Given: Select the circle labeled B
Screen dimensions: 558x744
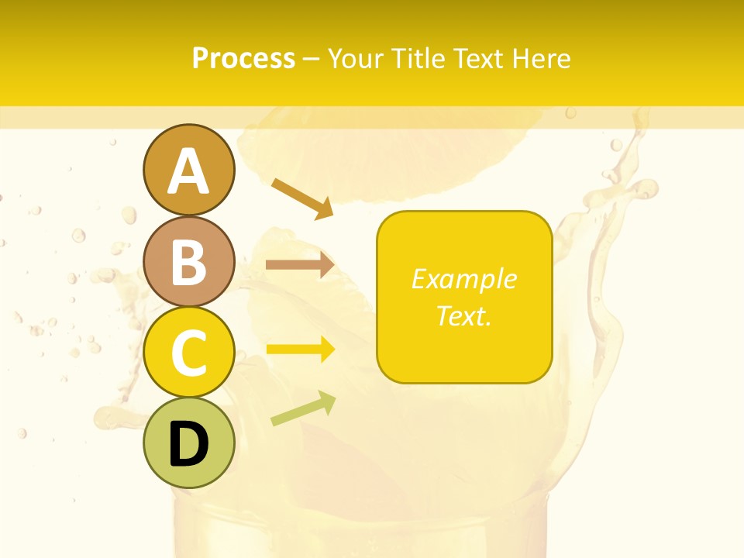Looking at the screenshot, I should click(x=188, y=261).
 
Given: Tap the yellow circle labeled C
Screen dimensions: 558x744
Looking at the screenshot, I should click(x=188, y=353).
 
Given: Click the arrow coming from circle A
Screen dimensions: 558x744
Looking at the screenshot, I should click(x=302, y=198).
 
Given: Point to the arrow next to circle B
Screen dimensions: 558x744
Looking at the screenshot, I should click(x=300, y=265).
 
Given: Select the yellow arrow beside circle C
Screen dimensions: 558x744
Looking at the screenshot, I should click(x=301, y=350).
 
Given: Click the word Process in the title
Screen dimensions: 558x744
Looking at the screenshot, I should click(x=243, y=58).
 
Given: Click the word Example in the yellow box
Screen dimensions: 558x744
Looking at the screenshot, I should click(x=463, y=279).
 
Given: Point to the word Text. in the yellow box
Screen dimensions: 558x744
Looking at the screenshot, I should click(x=463, y=315).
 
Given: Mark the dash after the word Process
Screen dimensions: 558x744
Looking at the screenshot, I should click(x=311, y=59).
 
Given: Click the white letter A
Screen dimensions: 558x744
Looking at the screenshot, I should click(x=188, y=171).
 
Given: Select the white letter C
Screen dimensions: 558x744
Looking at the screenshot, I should click(x=188, y=353).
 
